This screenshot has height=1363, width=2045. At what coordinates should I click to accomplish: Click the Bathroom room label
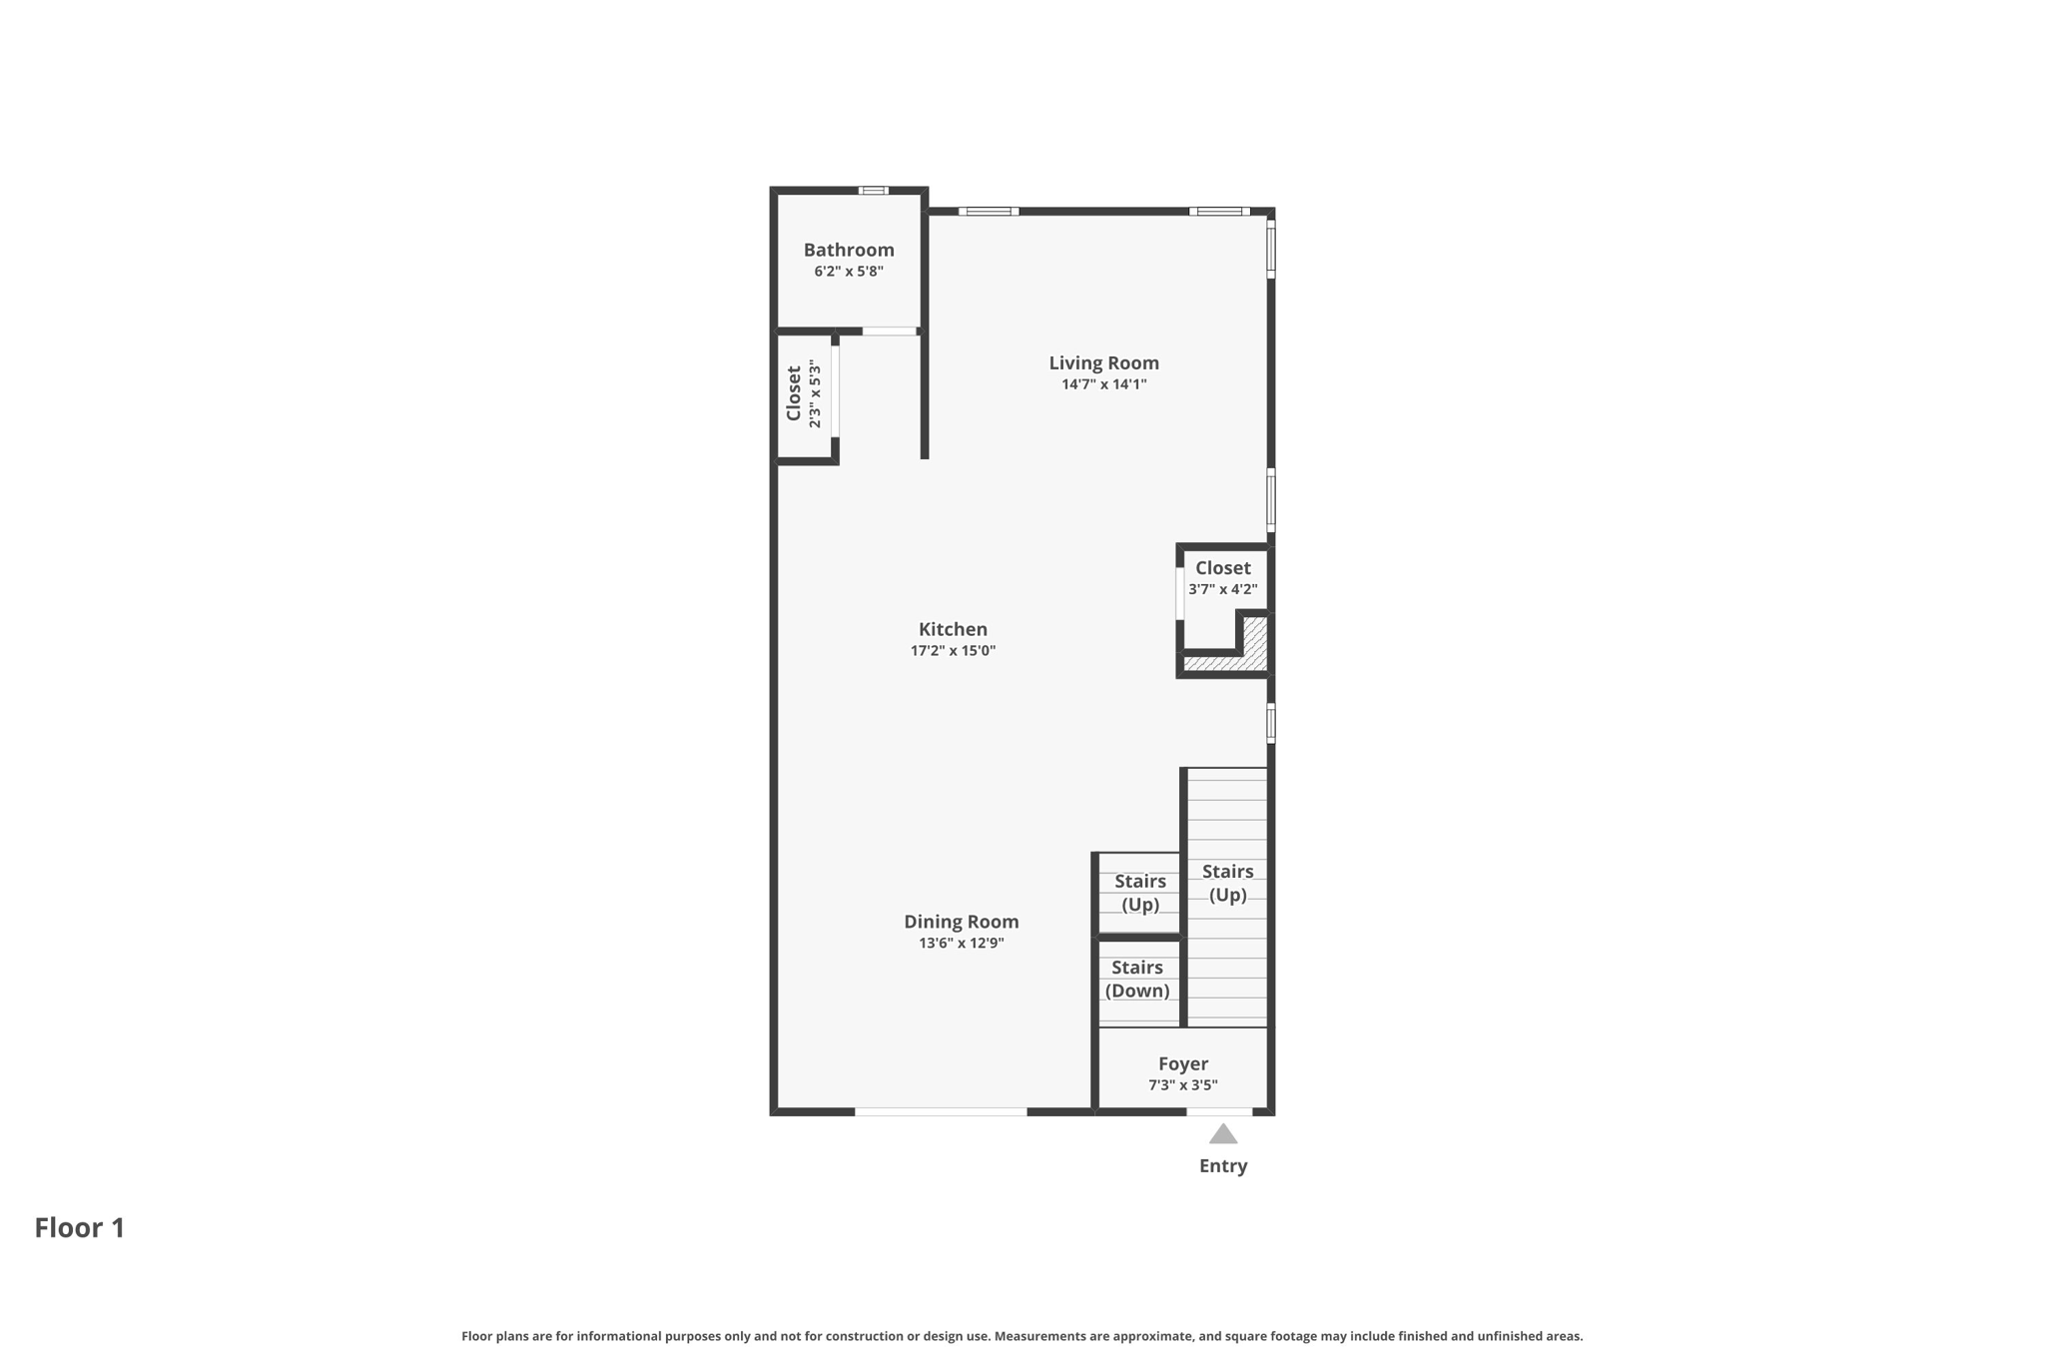click(x=849, y=250)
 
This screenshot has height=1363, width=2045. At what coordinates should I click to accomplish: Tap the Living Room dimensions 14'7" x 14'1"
click(x=1103, y=384)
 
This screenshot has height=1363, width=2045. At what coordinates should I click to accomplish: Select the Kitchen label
click(x=953, y=629)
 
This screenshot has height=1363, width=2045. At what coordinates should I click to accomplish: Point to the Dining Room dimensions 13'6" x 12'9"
click(x=961, y=943)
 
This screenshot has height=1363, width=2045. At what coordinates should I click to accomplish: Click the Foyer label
click(x=1183, y=1063)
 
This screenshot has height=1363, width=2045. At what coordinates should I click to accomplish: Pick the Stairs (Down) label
click(x=1137, y=979)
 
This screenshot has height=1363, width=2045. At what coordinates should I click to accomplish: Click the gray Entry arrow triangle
click(x=1223, y=1134)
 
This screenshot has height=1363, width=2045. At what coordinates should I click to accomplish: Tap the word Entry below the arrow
click(x=1223, y=1165)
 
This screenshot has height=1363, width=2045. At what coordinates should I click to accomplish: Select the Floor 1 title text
click(x=80, y=1227)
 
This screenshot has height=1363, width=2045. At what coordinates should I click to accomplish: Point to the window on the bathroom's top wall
click(x=874, y=190)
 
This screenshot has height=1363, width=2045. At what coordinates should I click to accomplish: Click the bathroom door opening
click(x=890, y=332)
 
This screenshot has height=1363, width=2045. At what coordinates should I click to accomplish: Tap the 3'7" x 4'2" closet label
click(x=1222, y=578)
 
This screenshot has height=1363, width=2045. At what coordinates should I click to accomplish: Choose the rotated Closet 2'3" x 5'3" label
click(x=803, y=394)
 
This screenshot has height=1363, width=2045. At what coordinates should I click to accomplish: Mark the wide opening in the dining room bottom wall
click(x=941, y=1111)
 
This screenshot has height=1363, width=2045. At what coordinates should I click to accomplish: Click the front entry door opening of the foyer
click(x=1219, y=1111)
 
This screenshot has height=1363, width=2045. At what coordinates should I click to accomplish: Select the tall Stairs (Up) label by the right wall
click(x=1227, y=883)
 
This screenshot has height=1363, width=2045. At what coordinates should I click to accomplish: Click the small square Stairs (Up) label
click(x=1139, y=893)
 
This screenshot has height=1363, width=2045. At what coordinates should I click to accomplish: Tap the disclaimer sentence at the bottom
click(x=1022, y=1336)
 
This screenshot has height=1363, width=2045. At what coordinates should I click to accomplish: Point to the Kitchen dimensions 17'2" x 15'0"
click(x=953, y=651)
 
